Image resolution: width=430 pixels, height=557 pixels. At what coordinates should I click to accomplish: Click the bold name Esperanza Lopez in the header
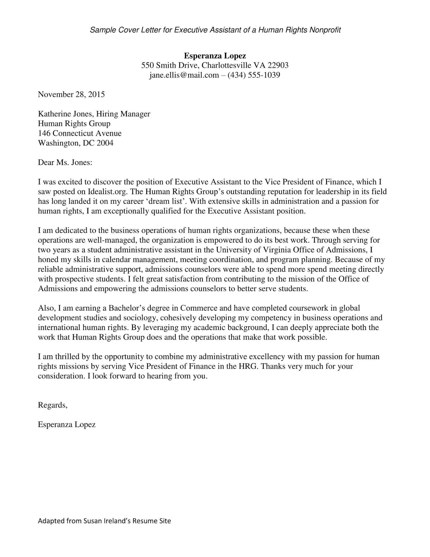pos(215,56)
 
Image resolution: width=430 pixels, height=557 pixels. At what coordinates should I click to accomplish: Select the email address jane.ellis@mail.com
pos(184,75)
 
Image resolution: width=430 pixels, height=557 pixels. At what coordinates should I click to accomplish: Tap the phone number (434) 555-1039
pos(254,75)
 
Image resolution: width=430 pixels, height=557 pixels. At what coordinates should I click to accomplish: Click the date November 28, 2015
pos(71,94)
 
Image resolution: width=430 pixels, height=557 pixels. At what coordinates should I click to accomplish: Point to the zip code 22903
pos(278,65)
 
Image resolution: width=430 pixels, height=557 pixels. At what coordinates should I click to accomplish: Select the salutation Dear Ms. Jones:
pos(65,162)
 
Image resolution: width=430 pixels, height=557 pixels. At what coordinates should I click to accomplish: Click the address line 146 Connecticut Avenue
pos(80,133)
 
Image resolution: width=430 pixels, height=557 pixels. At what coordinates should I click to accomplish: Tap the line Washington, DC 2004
pos(76,143)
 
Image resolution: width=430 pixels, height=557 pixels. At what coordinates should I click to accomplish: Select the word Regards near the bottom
pos(52,405)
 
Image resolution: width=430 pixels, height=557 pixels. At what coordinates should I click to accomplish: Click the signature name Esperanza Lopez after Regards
pos(67,425)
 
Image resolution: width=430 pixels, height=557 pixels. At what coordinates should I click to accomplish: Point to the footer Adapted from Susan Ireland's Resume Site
pos(104,521)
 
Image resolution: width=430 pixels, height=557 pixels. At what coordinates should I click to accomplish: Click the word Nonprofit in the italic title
pos(325,30)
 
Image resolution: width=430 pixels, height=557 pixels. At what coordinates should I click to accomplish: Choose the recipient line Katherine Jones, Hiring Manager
pos(94,114)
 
